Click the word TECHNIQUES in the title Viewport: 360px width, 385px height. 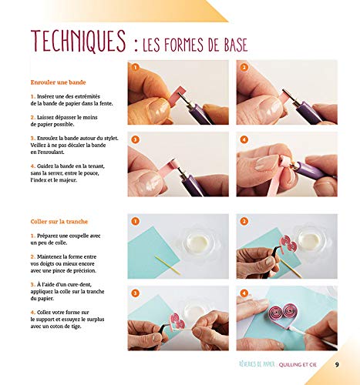pos(79,41)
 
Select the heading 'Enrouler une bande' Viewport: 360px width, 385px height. pos(58,82)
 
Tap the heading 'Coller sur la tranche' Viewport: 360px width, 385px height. pos(59,222)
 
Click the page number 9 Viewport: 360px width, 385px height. pos(337,364)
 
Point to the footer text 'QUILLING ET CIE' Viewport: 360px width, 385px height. pos(298,364)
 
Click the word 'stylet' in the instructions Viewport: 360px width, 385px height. pos(110,138)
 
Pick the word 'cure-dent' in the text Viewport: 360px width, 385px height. pos(79,284)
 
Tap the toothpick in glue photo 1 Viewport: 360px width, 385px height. pos(167,265)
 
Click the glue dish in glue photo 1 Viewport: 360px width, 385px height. pos(198,243)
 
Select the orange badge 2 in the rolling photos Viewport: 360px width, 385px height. pos(244,68)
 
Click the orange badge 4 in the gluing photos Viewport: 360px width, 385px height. pos(244,293)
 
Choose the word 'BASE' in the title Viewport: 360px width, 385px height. pos(235,45)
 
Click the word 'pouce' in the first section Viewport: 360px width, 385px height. pos(92,173)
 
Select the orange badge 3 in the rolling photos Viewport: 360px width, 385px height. pos(135,139)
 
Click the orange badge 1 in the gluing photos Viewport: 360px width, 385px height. pos(135,221)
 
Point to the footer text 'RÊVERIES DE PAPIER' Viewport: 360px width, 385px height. pos(257,364)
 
